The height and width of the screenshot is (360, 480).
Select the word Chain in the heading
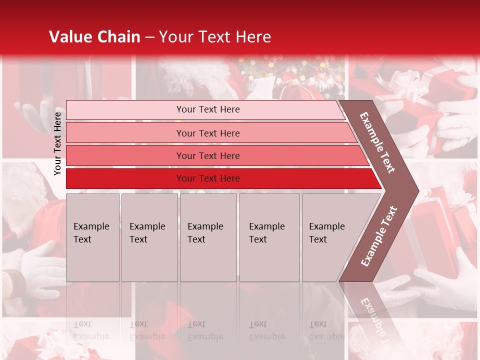tap(119, 37)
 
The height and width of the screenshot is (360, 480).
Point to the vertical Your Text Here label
tap(57, 143)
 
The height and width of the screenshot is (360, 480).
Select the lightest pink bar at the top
tap(207, 109)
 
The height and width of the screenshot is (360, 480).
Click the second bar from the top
tap(207, 133)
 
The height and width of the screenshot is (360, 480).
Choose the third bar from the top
tap(207, 155)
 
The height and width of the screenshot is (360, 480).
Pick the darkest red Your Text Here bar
tap(207, 178)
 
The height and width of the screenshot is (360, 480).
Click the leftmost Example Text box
tap(92, 237)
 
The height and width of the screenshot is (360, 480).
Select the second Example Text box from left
tap(149, 237)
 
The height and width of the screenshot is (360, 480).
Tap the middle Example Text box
tap(208, 237)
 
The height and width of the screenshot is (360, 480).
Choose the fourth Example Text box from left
tap(269, 237)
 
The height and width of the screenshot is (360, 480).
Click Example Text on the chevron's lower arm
tap(379, 236)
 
